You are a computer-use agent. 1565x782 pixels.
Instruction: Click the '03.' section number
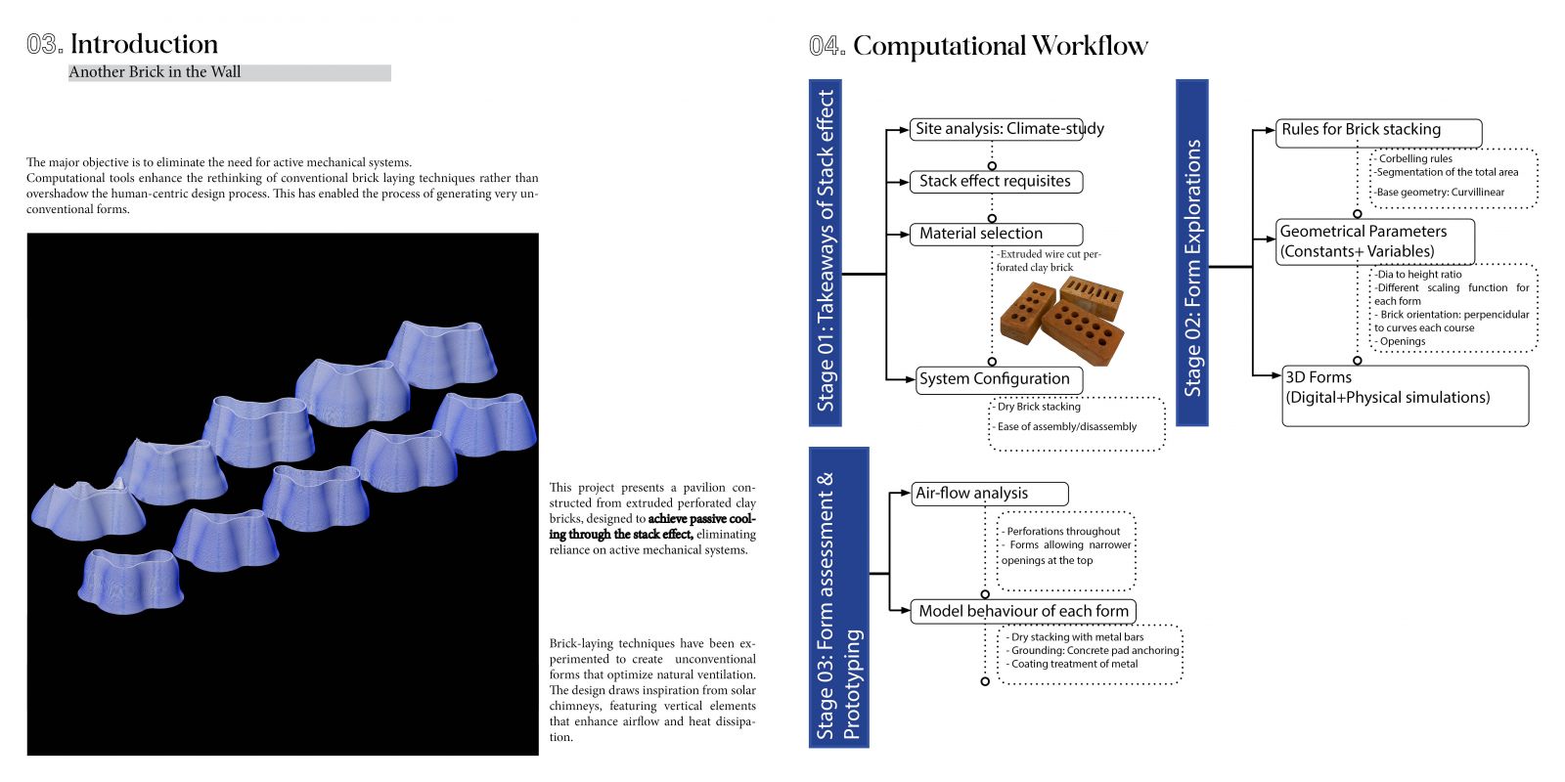[x=45, y=44]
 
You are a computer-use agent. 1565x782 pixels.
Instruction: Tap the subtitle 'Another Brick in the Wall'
[x=155, y=72]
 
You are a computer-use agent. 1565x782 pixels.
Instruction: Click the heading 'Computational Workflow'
[x=1000, y=46]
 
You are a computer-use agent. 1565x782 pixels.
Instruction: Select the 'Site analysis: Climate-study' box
[x=997, y=129]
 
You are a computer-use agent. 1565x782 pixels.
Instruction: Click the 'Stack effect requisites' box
[x=997, y=182]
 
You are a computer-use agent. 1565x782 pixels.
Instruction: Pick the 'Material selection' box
[x=997, y=234]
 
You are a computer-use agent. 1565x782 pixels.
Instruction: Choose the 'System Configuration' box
[x=999, y=380]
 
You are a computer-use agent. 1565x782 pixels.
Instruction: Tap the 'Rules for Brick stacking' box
[x=1378, y=133]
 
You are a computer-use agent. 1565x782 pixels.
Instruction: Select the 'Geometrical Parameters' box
[x=1375, y=241]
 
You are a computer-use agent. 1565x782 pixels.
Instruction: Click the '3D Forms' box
[x=1405, y=396]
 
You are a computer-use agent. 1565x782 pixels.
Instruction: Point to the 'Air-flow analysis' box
[x=989, y=494]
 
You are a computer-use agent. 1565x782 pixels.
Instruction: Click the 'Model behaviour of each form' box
[x=1023, y=612]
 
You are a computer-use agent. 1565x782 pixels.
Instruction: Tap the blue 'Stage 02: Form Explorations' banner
[x=1192, y=253]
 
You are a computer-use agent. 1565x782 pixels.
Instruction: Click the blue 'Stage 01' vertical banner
[x=826, y=253]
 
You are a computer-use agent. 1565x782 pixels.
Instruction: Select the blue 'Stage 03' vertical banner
[x=838, y=597]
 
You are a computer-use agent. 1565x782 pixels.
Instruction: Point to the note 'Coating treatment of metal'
[x=1072, y=664]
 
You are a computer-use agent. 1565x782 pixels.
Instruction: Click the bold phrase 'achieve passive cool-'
[x=702, y=519]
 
